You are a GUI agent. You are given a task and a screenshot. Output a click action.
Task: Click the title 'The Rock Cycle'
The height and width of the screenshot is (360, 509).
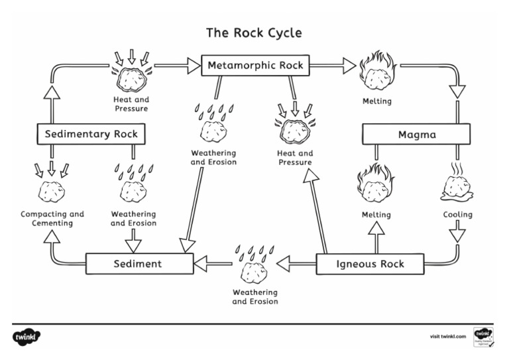[254, 32]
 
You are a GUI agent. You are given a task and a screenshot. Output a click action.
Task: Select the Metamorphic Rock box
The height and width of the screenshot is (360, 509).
[255, 65]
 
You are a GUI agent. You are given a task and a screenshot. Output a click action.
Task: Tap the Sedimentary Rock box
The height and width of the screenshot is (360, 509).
[91, 134]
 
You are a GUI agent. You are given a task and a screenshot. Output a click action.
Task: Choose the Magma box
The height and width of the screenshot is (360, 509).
[416, 135]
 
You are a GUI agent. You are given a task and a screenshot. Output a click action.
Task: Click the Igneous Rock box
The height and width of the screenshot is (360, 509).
[370, 264]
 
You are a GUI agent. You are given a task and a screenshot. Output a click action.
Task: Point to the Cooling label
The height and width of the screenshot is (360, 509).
[457, 215]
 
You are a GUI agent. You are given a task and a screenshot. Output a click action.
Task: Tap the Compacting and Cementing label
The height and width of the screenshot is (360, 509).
[52, 219]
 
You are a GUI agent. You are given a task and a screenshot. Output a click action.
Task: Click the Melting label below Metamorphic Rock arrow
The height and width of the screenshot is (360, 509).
[376, 101]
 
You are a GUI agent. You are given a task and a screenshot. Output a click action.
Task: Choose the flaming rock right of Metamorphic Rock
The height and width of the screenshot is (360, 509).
[377, 72]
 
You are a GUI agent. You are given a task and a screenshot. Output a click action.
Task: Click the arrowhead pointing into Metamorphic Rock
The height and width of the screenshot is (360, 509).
[193, 65]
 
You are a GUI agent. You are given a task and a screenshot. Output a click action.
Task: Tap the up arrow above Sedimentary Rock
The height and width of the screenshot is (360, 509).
[52, 93]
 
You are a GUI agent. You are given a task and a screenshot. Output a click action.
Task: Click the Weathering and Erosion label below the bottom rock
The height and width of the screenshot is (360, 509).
[255, 296]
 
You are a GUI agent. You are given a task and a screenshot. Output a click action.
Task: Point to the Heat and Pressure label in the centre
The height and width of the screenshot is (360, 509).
[296, 158]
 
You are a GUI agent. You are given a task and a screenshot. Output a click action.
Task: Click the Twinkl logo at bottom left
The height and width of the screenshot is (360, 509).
[27, 337]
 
